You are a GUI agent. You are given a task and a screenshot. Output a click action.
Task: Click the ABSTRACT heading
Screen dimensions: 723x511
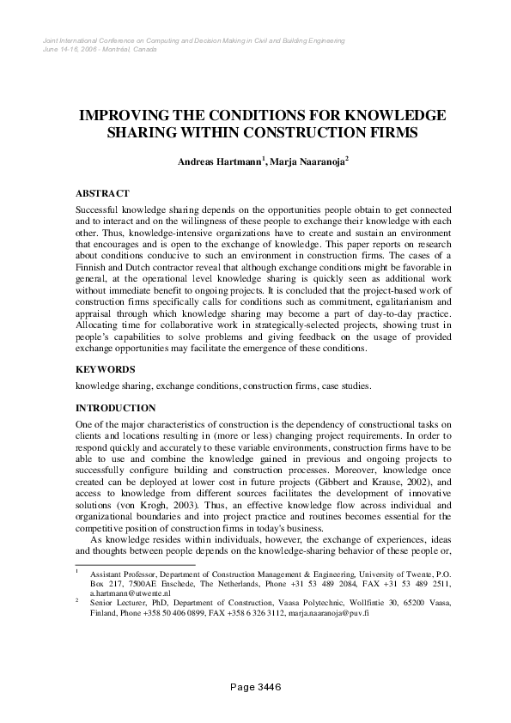102,193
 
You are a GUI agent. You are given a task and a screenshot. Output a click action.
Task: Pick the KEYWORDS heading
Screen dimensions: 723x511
105,368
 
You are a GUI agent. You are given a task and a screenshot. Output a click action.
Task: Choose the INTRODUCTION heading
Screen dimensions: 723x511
116,408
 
